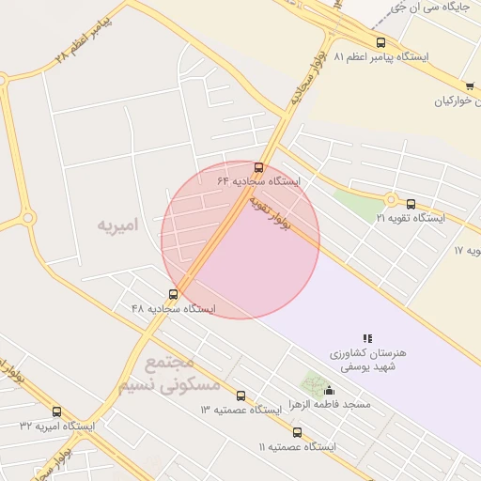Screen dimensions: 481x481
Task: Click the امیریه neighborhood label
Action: (117, 225)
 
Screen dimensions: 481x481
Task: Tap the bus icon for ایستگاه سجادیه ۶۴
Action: (259, 168)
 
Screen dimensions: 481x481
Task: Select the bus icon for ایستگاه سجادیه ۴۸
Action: (173, 295)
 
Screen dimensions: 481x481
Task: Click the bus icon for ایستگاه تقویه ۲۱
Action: (411, 204)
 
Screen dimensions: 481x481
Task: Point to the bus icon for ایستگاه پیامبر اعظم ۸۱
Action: (380, 42)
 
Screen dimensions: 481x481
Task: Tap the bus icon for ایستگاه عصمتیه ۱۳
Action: (240, 396)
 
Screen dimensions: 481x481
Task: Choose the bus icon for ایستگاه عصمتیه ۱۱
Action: (297, 433)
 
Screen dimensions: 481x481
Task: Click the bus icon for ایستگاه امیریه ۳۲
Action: (56, 411)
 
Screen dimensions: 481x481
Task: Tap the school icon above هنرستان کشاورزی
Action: (367, 338)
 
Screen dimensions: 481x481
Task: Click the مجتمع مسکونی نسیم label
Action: (169, 374)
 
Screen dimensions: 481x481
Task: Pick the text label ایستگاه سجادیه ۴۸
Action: (173, 309)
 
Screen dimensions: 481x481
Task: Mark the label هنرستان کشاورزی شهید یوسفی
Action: (368, 359)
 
